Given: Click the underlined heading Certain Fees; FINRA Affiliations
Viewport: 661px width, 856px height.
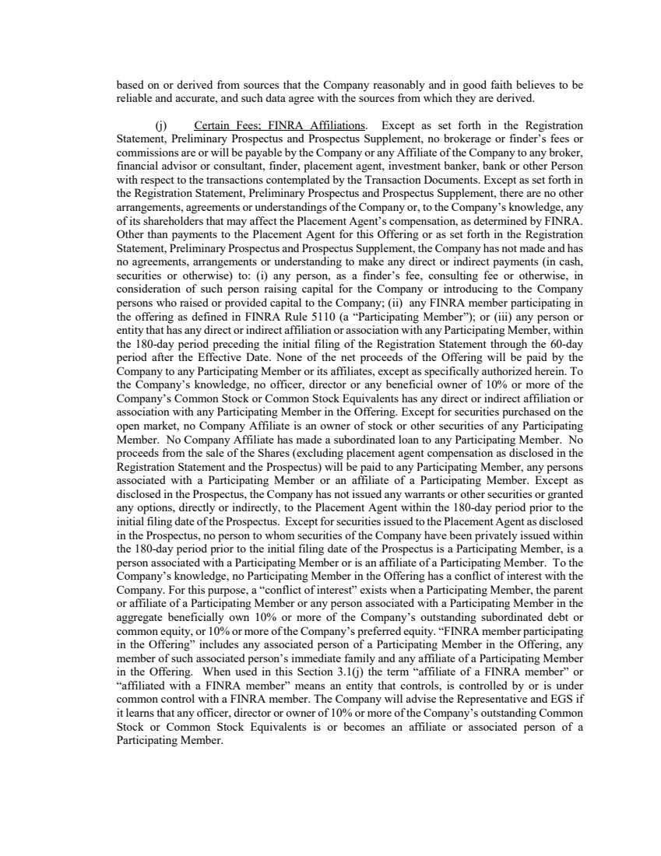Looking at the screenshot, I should click(280, 125).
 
